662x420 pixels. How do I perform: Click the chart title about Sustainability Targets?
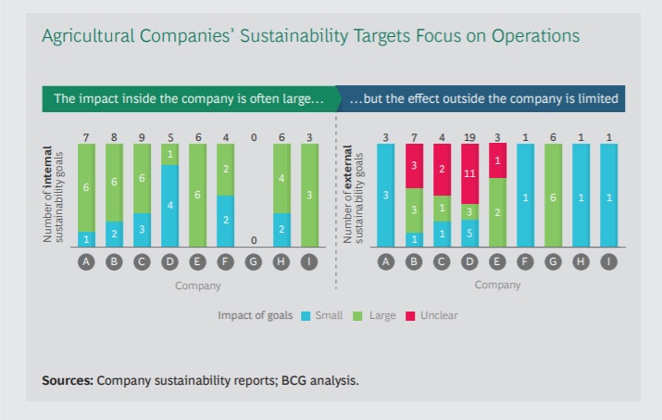pos(310,36)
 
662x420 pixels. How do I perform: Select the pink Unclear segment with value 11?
pos(469,173)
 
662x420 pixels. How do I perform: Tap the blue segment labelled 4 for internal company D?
pos(169,205)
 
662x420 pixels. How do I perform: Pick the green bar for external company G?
pos(554,195)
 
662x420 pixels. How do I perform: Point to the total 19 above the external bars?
pos(469,136)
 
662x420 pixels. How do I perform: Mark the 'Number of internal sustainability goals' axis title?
pos(53,195)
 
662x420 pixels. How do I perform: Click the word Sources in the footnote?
pos(68,380)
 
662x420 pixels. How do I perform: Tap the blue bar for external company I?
pos(608,195)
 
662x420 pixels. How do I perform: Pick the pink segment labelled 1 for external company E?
pos(497,159)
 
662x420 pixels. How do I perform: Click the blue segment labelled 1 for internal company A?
pos(87,238)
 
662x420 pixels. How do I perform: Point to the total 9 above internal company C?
pos(142,136)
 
